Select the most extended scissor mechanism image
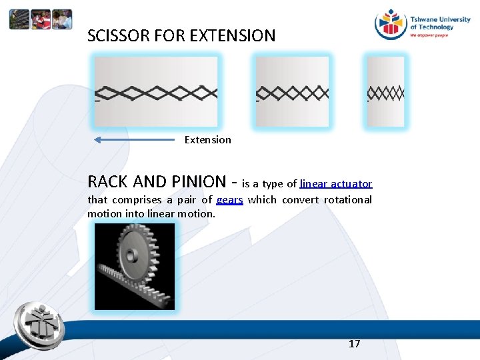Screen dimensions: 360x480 (x=155, y=91)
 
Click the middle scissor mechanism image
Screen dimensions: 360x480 (x=292, y=91)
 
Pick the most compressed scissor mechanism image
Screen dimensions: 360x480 (x=386, y=92)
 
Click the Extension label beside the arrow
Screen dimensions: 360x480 (x=207, y=140)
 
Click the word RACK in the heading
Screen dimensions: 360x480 (x=108, y=181)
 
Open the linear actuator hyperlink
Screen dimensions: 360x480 (x=336, y=183)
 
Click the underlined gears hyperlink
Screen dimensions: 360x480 (x=229, y=200)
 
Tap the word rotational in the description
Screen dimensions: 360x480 (x=347, y=200)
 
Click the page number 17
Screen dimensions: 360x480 (x=355, y=344)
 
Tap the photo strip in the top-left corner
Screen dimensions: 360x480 (x=41, y=19)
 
